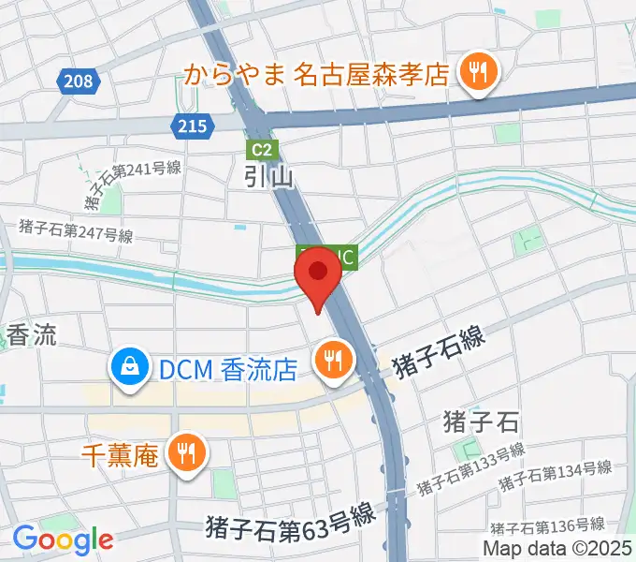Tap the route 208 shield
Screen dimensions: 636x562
point(80,81)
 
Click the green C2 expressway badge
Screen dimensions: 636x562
point(261,148)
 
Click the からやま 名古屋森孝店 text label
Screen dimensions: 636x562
point(317,74)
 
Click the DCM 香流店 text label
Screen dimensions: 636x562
point(226,370)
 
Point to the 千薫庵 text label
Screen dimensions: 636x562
point(119,455)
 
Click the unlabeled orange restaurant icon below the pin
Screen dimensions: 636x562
point(332,358)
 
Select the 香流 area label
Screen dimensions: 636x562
point(31,335)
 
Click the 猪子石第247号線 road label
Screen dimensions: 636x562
point(76,230)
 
